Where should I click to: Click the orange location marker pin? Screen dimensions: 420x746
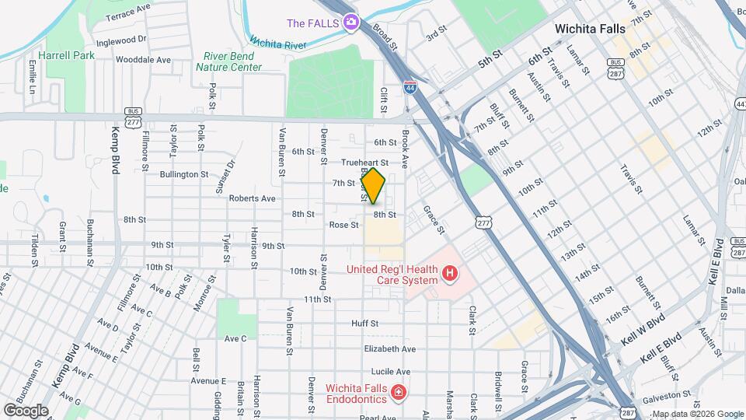click(374, 185)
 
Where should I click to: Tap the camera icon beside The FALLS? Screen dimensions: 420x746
click(351, 23)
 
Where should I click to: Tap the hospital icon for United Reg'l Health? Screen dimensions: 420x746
click(448, 273)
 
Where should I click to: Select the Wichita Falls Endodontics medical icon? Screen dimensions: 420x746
click(399, 394)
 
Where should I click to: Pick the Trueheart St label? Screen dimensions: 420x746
click(364, 162)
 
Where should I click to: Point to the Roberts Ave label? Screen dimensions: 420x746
click(252, 198)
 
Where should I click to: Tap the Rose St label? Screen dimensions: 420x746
click(343, 225)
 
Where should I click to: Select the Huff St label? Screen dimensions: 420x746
click(364, 323)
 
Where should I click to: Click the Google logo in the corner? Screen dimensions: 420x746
click(26, 411)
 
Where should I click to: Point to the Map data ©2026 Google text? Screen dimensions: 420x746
click(697, 414)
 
